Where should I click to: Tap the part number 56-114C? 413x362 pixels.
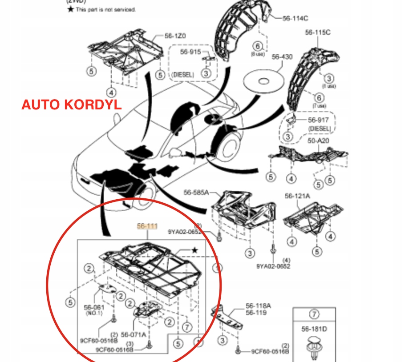click(x=296, y=18)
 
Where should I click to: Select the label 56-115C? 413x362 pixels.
click(x=317, y=32)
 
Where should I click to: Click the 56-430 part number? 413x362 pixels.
click(x=282, y=56)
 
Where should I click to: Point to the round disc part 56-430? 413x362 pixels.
click(x=263, y=81)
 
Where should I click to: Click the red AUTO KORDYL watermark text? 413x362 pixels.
click(x=72, y=105)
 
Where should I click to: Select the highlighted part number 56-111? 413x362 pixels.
click(x=147, y=226)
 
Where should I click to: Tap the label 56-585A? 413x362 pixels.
click(x=196, y=193)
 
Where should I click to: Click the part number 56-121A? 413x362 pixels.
click(x=297, y=196)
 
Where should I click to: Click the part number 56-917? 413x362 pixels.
click(x=319, y=120)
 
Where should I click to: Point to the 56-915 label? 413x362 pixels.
click(x=190, y=52)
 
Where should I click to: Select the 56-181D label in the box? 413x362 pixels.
click(x=314, y=329)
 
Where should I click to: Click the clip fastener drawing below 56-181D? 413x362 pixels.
click(x=315, y=348)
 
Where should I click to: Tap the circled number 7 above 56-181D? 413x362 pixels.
click(x=315, y=314)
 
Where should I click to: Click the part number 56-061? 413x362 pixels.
click(x=93, y=307)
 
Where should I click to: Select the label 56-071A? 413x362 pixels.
click(x=134, y=334)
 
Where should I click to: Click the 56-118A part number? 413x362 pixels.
click(x=259, y=306)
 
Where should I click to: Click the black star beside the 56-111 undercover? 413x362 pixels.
click(x=194, y=250)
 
